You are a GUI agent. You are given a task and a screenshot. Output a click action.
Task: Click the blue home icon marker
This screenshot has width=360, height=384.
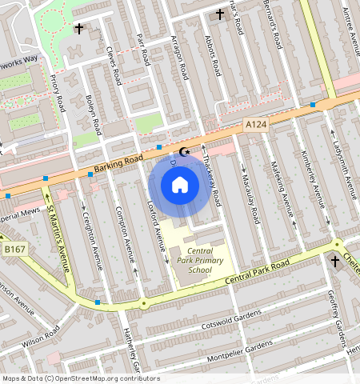[x=180, y=185]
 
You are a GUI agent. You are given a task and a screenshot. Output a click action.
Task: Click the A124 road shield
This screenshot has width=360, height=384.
[x=254, y=125]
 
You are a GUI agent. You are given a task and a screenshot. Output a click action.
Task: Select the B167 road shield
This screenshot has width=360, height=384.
[x=14, y=250]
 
